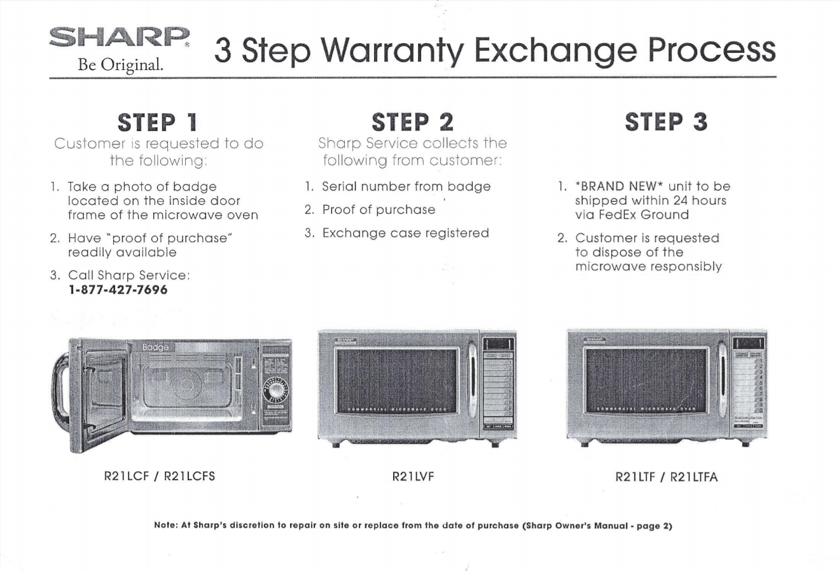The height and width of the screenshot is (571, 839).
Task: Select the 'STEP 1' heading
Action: pos(158,122)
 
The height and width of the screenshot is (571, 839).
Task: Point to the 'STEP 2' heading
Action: pos(412,122)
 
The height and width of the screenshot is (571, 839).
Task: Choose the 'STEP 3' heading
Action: pos(666,122)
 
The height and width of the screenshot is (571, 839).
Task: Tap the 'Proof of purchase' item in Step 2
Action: pos(378,210)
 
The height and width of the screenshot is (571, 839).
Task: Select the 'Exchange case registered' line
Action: pos(405,233)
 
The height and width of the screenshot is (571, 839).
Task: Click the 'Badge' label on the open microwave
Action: pos(156,347)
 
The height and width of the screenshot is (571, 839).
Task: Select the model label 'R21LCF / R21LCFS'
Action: pos(159,476)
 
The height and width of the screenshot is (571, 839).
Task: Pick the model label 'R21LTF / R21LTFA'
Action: pos(666,476)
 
